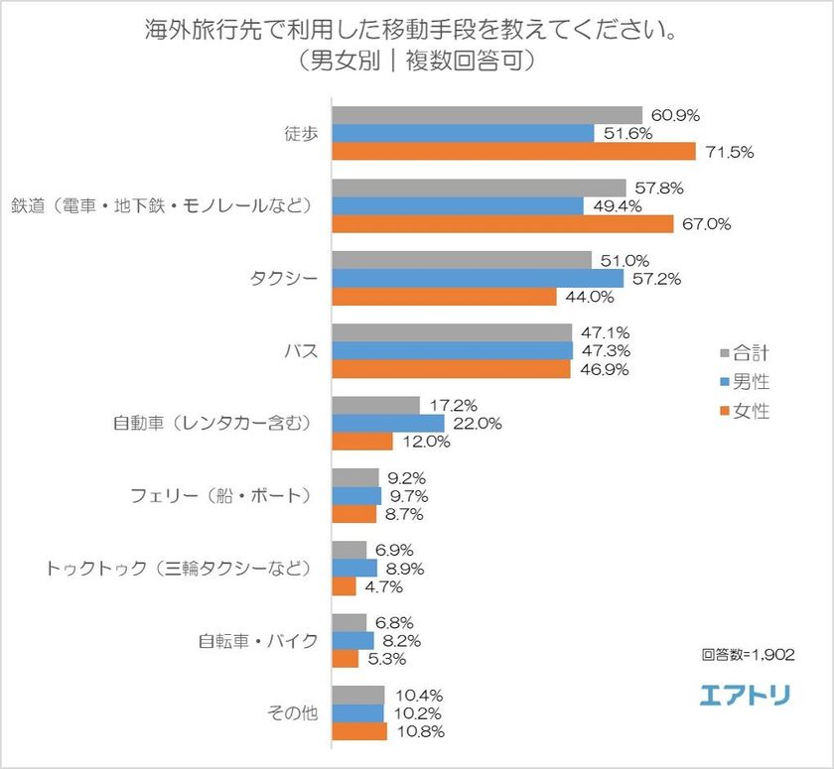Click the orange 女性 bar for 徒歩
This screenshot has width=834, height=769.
click(512, 152)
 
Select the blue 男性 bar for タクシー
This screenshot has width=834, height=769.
click(477, 279)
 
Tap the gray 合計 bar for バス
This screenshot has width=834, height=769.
click(452, 332)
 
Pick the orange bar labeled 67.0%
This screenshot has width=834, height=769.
click(501, 224)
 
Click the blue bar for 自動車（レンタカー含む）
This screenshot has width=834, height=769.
click(387, 424)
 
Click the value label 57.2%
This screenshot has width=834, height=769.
click(655, 279)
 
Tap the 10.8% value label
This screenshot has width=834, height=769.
click(419, 731)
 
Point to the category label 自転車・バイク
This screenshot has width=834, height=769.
click(258, 640)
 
